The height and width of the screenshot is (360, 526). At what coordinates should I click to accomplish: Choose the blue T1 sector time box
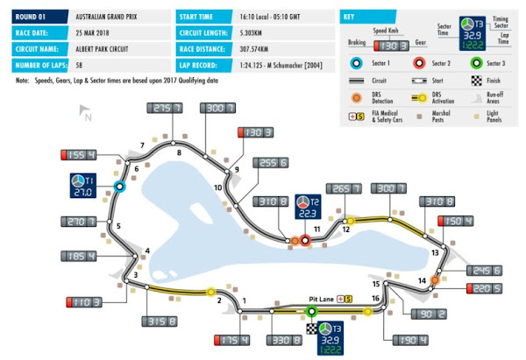pos(82,187)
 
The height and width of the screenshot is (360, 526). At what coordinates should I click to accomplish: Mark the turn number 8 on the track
pos(179,153)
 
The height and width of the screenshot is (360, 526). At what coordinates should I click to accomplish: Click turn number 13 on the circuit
pos(434,252)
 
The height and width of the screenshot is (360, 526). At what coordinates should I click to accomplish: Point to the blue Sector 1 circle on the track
pos(120,186)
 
